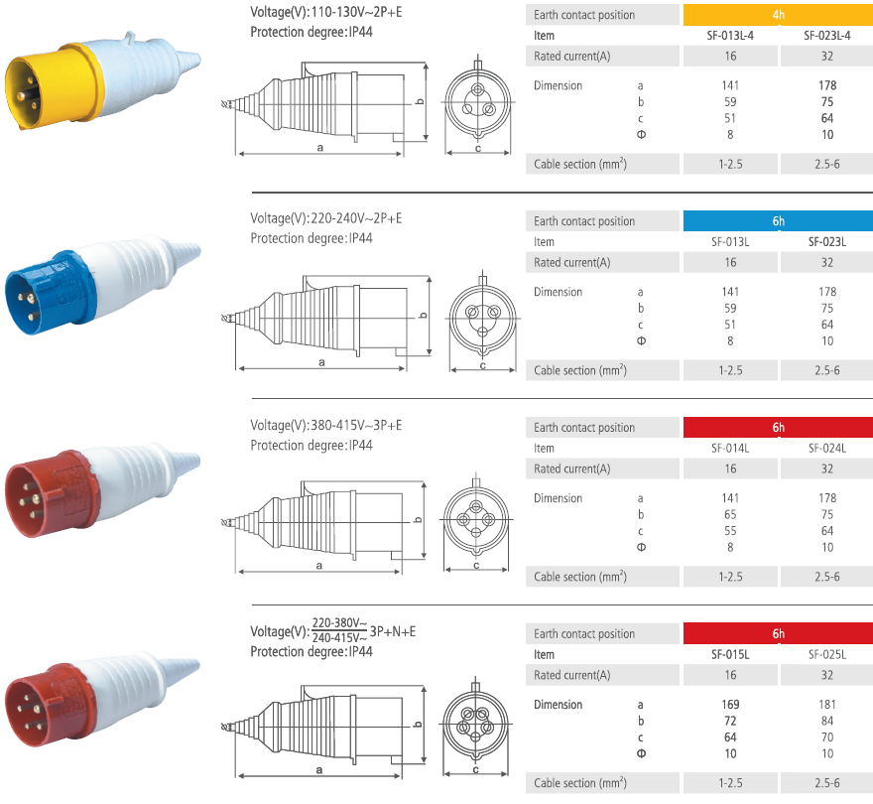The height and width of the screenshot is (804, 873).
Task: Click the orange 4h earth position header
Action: coord(778,15)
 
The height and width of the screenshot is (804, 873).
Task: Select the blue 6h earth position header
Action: coord(778,221)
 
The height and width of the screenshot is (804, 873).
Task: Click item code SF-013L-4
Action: coord(730,36)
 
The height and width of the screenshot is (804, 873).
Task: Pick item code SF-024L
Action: coord(826,448)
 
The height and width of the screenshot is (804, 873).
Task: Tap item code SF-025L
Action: coord(826,655)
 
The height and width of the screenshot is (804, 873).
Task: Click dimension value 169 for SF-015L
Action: coord(730,705)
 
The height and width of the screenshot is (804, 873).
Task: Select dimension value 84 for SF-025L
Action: coord(826,721)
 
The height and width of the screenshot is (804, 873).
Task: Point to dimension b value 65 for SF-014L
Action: coord(730,515)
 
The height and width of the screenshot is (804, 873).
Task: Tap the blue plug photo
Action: coord(102,285)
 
